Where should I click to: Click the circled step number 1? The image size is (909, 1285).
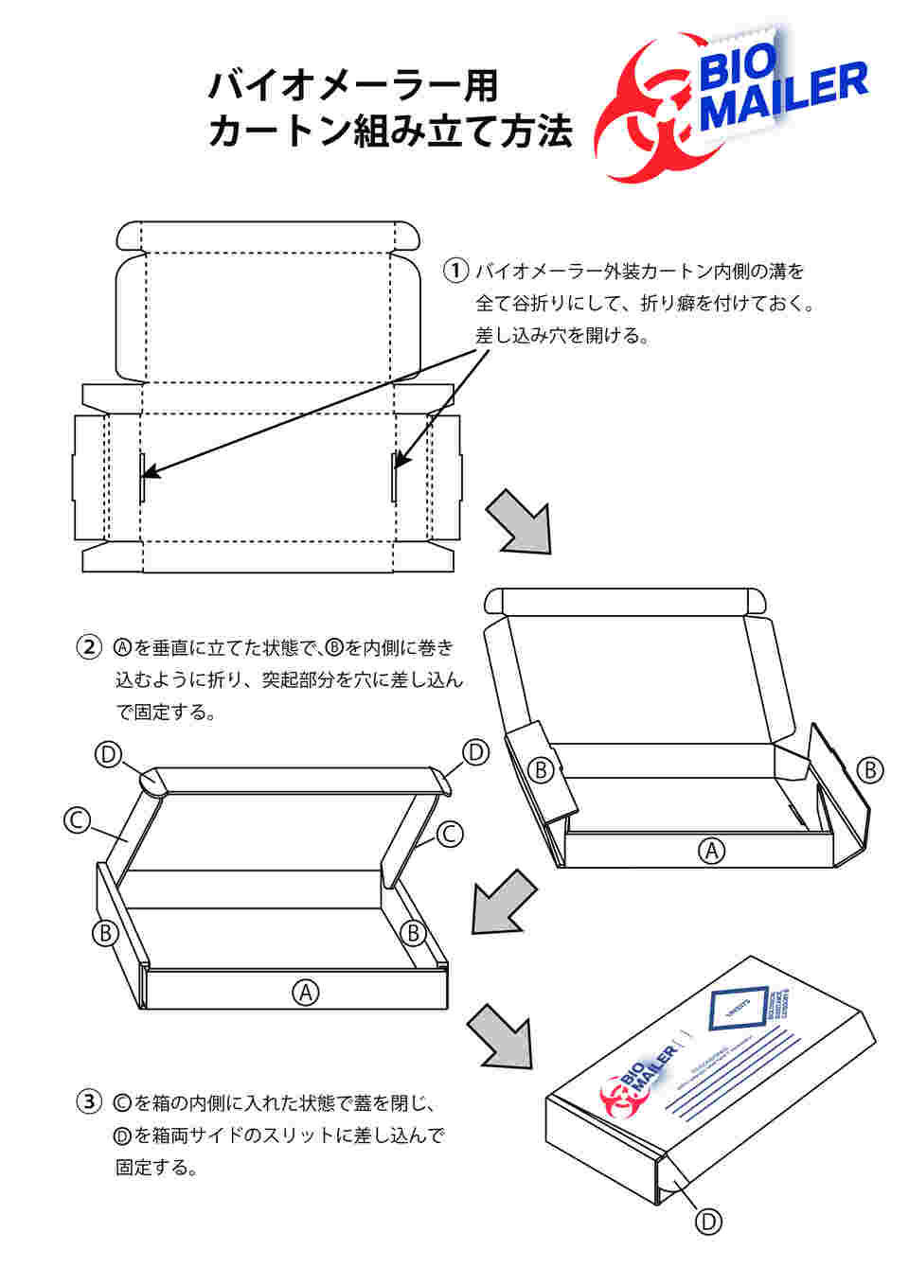coord(456,271)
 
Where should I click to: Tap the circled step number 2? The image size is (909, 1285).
coord(88,648)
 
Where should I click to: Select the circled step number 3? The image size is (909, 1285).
coord(88,1101)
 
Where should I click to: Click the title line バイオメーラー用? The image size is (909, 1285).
coord(352,86)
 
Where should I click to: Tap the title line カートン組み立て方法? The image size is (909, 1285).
coord(390,131)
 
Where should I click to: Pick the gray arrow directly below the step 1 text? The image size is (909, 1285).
coord(519,520)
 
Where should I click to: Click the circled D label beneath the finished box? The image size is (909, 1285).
coord(708,1222)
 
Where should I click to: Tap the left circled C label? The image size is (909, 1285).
coord(77,819)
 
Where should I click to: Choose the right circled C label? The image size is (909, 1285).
coord(449,834)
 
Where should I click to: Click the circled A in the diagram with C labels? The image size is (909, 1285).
coord(305,992)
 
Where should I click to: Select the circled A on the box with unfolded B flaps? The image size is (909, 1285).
coord(710,850)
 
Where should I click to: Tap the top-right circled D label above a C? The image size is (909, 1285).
coord(474,752)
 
